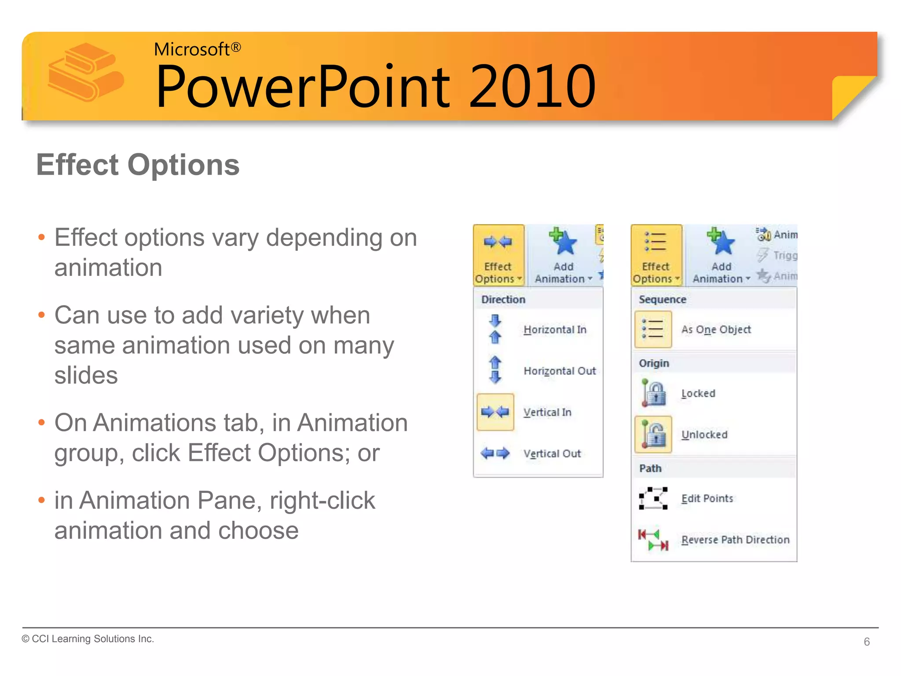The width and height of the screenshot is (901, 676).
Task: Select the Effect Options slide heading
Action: pos(138,165)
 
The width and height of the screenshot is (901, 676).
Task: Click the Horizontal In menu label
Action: pos(555,330)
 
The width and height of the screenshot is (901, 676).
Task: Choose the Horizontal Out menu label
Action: pos(559,371)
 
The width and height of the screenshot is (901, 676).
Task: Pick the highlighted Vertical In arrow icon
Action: pos(495,412)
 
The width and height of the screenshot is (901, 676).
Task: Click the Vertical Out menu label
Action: pos(552,454)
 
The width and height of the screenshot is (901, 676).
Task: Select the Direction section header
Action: pos(503,300)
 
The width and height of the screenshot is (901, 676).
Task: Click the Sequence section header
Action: pos(662,300)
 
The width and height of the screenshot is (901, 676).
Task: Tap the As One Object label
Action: pos(716,330)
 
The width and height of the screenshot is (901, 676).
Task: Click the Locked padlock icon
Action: pos(654,393)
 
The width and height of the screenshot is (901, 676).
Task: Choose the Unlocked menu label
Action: pos(704,435)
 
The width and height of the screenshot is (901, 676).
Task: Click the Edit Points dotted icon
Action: pos(653,499)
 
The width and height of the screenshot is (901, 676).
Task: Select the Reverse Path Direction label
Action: pos(735,540)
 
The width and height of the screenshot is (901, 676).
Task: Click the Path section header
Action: pos(650,468)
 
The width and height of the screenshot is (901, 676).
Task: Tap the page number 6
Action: pos(866,642)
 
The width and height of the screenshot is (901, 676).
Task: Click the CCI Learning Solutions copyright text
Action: pos(88,639)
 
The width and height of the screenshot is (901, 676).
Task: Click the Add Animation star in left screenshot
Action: pos(563,242)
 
